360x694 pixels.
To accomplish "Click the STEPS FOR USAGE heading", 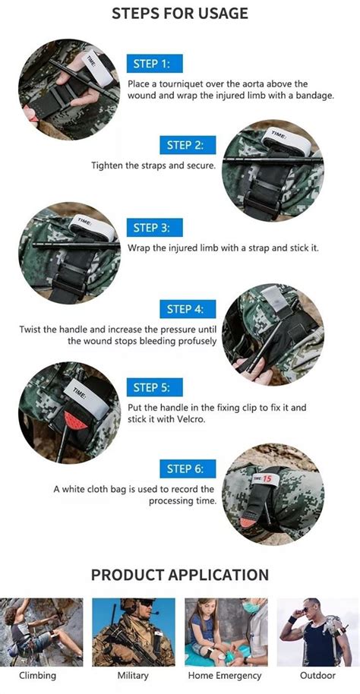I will [180, 13].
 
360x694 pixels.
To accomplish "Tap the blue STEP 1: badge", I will [155, 63].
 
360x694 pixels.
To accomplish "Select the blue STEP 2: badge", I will [187, 145].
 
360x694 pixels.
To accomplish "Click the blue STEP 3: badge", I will [155, 228].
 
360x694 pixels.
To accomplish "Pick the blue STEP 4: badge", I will [187, 309].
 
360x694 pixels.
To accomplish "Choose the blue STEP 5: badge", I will [155, 387].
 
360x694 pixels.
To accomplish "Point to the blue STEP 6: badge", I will [187, 468].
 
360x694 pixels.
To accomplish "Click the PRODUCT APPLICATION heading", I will [180, 575].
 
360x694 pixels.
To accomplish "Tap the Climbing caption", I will [38, 675].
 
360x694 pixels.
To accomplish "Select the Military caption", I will [133, 675].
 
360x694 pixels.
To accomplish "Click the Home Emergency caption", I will [226, 675].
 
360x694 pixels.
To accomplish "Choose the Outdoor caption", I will [317, 675].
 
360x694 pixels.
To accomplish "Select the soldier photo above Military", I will [134, 631].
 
